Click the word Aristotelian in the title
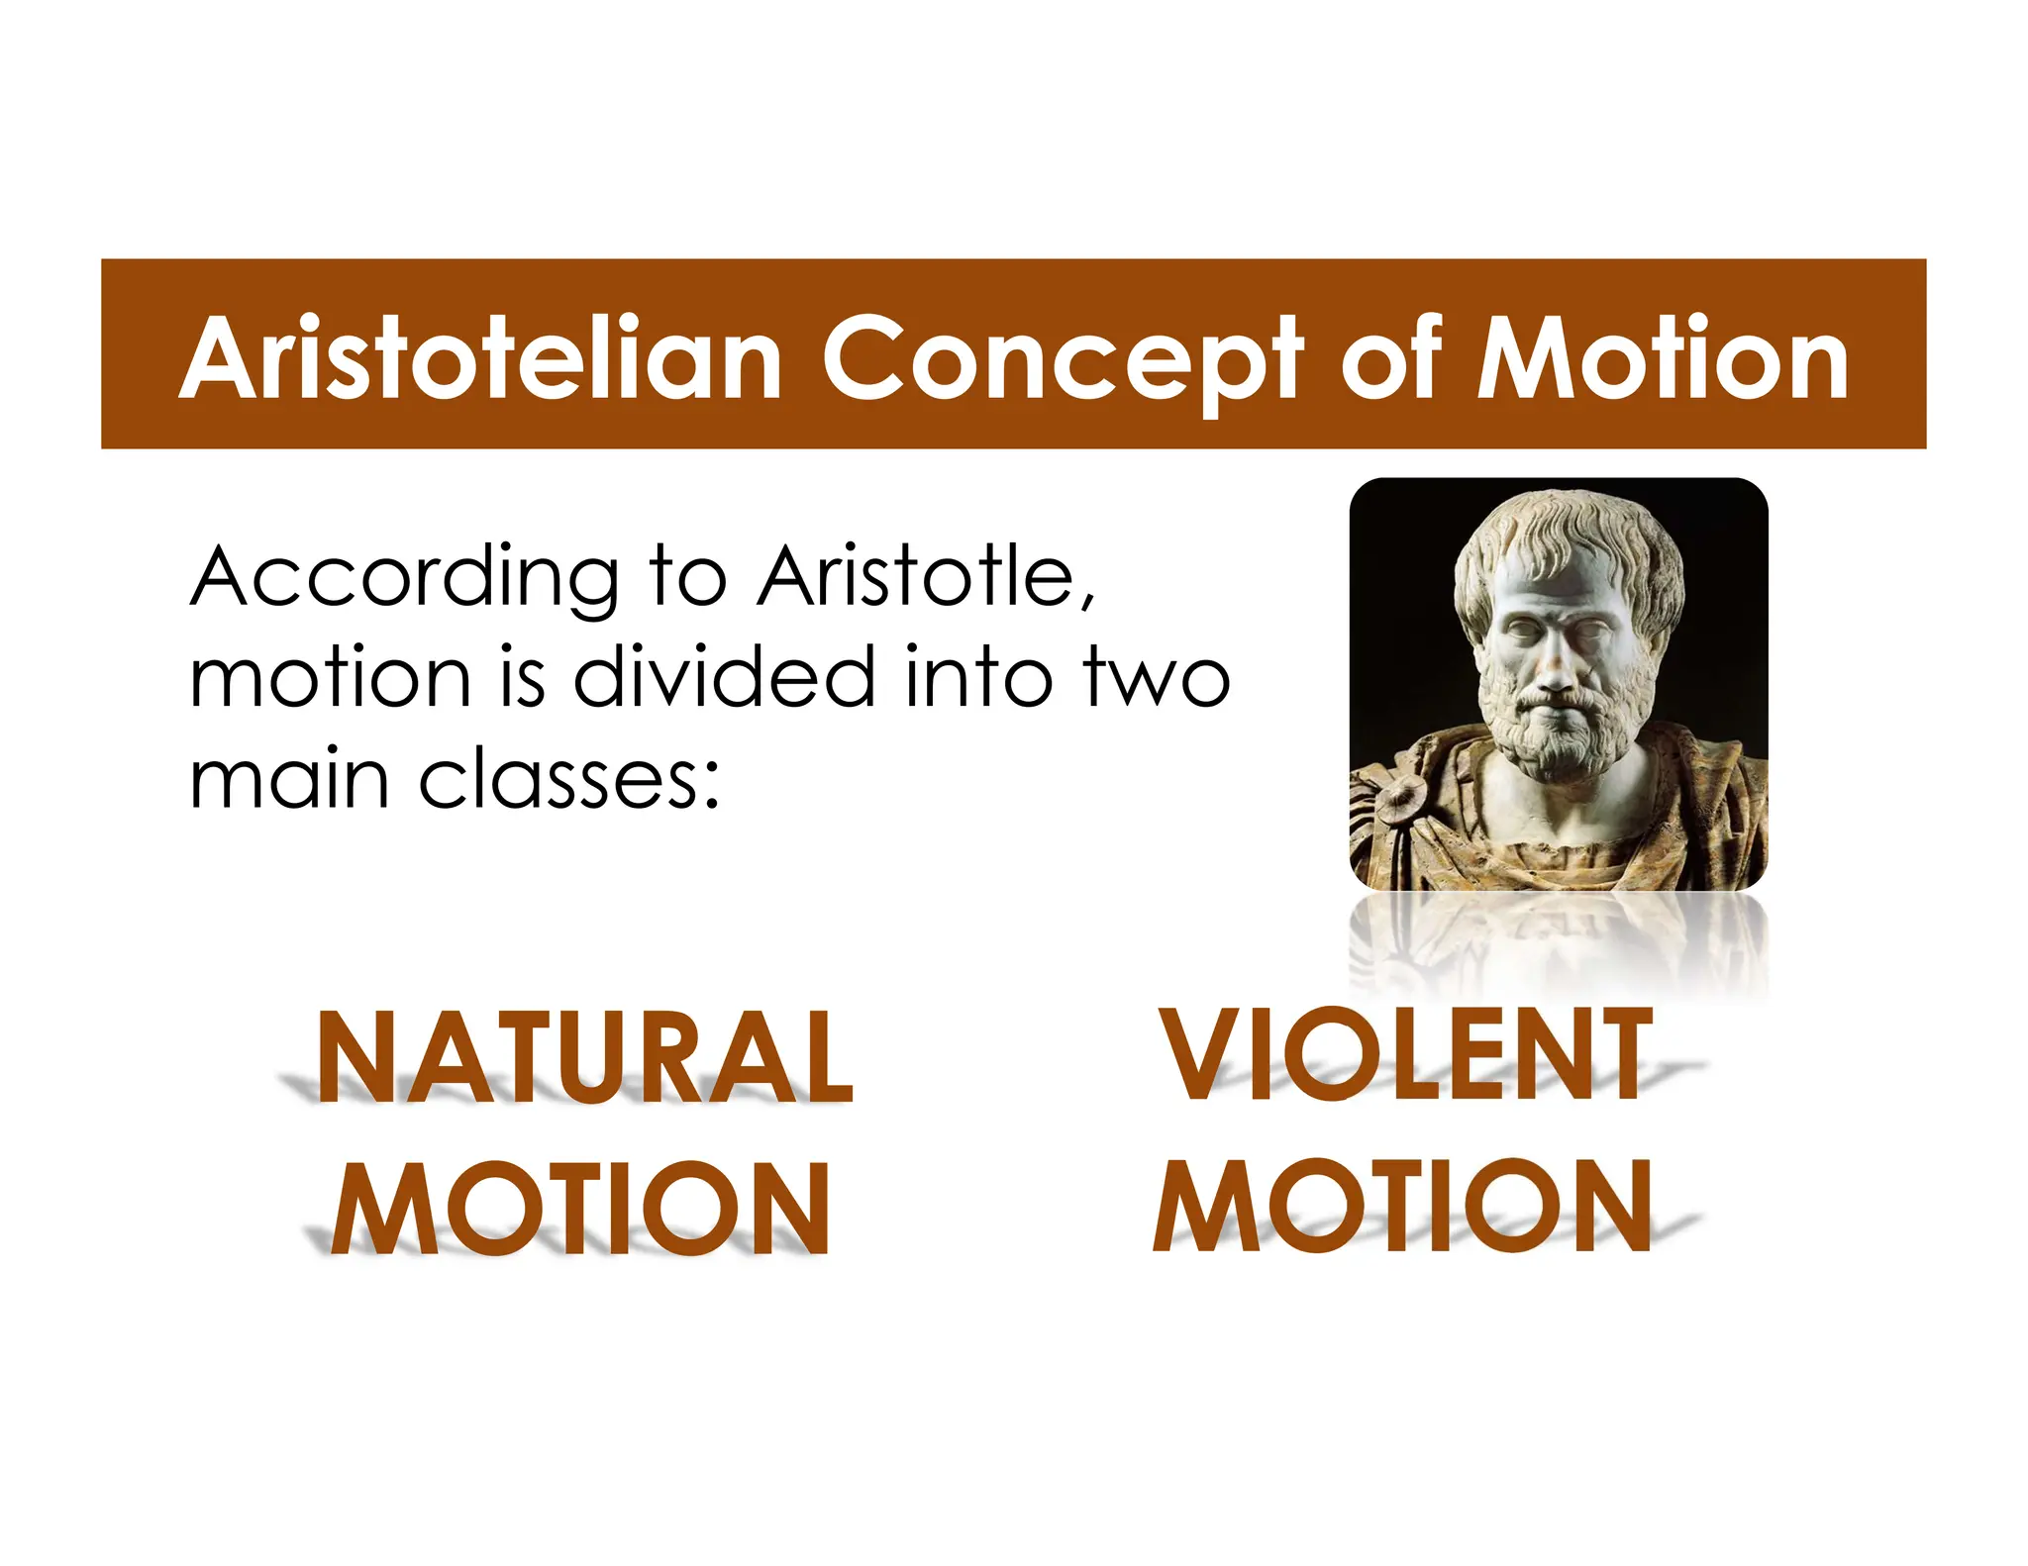[x=480, y=358]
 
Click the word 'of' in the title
[x=1390, y=358]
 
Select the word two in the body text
[x=1156, y=679]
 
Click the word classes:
[x=568, y=780]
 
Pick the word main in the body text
[x=288, y=780]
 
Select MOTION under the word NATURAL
[x=580, y=1209]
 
